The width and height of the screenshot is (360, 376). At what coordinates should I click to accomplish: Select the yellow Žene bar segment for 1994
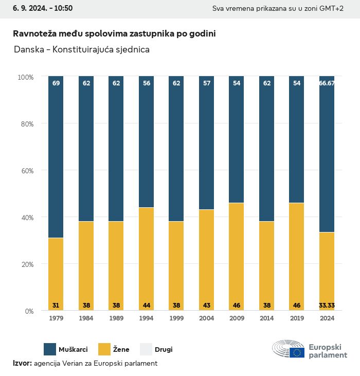pyautogui.click(x=147, y=257)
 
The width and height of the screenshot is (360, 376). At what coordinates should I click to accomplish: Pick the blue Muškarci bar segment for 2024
pyautogui.click(x=327, y=154)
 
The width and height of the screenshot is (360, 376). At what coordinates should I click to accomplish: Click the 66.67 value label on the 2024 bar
pyautogui.click(x=327, y=83)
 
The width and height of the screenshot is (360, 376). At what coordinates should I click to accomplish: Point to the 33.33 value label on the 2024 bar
pyautogui.click(x=327, y=306)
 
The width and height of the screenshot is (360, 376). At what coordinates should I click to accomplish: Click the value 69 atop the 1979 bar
pyautogui.click(x=56, y=83)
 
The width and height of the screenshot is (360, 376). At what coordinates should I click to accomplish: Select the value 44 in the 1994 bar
pyautogui.click(x=147, y=306)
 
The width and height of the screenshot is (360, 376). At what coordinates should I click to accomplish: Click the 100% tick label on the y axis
pyautogui.click(x=25, y=77)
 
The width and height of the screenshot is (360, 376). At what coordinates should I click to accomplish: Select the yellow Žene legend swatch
pyautogui.click(x=105, y=349)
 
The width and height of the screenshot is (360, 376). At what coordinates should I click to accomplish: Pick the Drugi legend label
pyautogui.click(x=164, y=350)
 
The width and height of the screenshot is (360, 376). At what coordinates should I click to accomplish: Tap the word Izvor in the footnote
pyautogui.click(x=22, y=363)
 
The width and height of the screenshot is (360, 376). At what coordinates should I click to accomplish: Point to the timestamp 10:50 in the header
pyautogui.click(x=62, y=8)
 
